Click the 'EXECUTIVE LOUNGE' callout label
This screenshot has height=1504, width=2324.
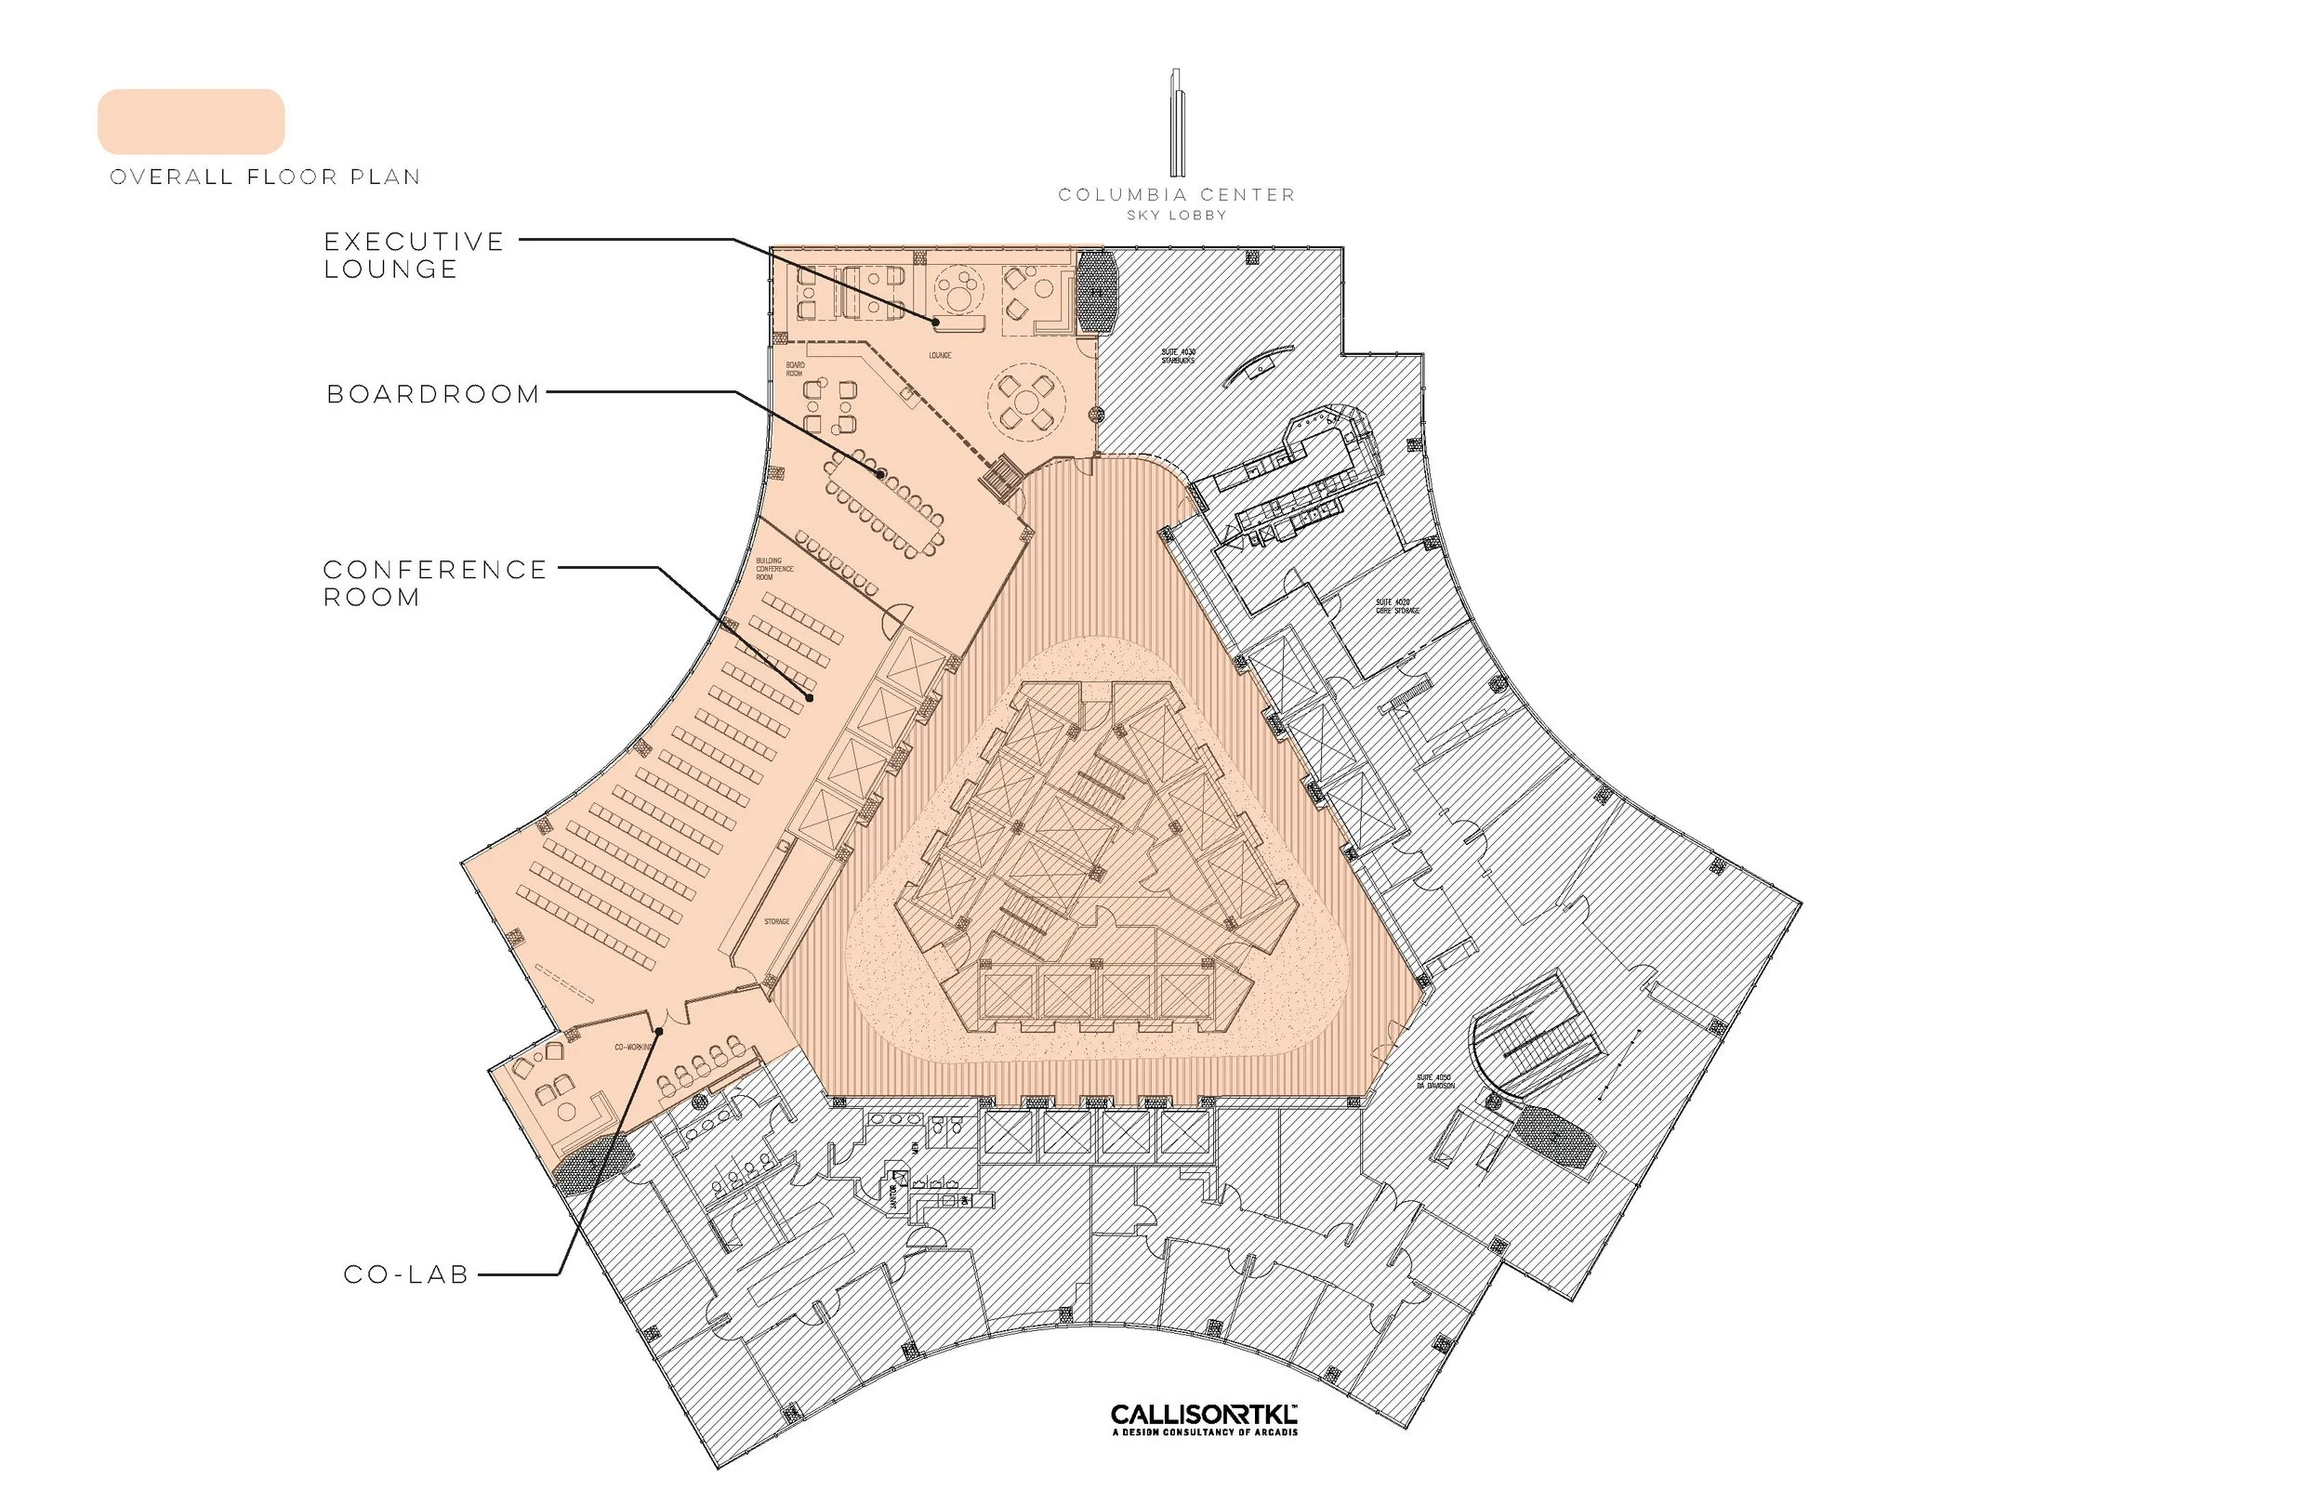pos(414,255)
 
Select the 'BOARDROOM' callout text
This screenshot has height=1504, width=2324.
pos(433,394)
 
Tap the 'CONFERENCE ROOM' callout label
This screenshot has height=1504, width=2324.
pos(434,583)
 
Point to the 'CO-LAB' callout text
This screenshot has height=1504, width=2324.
pos(407,1275)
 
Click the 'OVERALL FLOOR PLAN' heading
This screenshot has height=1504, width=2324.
pos(265,177)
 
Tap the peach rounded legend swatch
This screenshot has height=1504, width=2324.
pos(191,122)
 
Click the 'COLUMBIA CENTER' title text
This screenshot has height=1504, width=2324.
pos(1177,195)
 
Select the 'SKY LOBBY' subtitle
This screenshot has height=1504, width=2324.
pos(1177,216)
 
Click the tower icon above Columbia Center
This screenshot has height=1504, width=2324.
pos(1177,122)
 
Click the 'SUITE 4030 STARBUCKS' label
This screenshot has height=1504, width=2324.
pos(1178,355)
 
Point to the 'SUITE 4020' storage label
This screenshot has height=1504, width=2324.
pos(1397,606)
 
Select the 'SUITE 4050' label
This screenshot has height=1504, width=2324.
pos(1435,1081)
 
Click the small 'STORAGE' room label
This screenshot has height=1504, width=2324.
pos(776,922)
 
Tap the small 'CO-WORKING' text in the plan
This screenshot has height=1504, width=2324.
pos(632,1047)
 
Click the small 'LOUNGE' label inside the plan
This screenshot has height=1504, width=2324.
pos(940,355)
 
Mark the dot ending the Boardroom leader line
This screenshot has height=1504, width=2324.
pos(880,475)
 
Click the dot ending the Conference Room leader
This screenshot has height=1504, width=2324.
pos(810,697)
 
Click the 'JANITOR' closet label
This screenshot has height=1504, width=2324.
pos(893,1194)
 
